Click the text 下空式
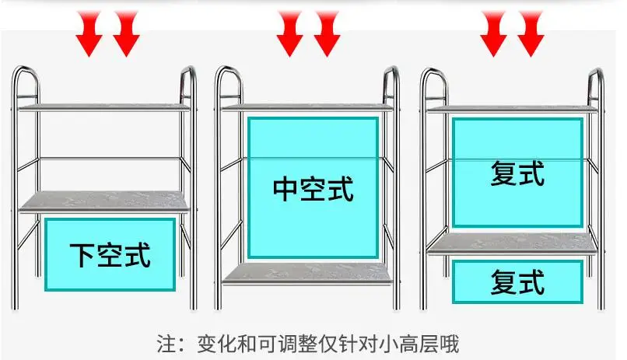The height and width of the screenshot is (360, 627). coord(110,255)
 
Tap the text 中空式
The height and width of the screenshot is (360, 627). coord(313,189)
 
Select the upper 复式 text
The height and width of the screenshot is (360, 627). coord(517,173)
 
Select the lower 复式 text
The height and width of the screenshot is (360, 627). coord(517,282)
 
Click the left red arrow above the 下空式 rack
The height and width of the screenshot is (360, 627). coord(89,34)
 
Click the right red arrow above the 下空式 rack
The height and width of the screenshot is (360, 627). coord(126,34)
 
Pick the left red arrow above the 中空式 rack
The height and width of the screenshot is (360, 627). coord(290,34)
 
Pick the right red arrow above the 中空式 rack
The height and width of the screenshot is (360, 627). coord(327,34)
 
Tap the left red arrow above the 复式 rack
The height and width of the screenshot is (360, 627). coord(494,34)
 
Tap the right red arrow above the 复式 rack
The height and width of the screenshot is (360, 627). coord(531,34)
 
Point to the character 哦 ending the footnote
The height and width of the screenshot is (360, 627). coord(450,344)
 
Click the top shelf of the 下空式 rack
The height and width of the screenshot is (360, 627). coord(104,107)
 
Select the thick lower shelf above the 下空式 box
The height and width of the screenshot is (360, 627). coord(104,202)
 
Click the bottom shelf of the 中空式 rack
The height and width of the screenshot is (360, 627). coord(307,274)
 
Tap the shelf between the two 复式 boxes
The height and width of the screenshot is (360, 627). coord(512,243)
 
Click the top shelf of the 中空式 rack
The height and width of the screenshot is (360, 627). coord(307,107)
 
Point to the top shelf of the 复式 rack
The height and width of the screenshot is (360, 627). coord(512,109)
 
